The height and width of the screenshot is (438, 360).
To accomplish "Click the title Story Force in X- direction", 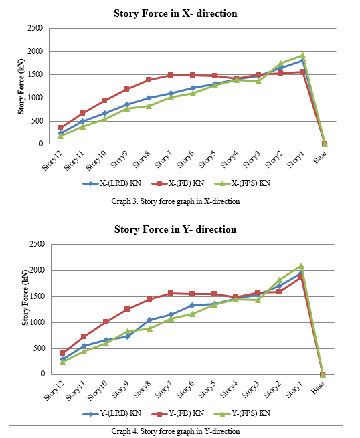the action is point(175,13).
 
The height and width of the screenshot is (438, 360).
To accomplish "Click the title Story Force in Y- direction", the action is point(175,229).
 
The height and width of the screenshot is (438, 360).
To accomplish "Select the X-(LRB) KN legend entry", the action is point(112,183).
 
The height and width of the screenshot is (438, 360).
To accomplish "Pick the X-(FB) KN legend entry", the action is point(178,183).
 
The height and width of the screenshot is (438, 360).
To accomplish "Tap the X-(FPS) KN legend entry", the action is point(242,183).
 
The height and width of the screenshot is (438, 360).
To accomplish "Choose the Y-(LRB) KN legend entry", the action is point(112,413).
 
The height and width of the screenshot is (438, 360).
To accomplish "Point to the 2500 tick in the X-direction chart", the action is point(35,28).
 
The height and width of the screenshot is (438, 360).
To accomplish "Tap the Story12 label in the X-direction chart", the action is point(52,160).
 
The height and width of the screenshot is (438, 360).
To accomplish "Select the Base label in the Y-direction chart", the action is point(319,387).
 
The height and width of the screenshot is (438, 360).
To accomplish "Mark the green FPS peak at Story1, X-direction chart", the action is point(302,56).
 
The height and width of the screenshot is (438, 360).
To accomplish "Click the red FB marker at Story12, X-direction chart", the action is point(60,128).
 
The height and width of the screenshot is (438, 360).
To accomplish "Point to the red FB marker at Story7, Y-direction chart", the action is point(171,293).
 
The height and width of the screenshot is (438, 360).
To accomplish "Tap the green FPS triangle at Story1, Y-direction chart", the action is point(301,266).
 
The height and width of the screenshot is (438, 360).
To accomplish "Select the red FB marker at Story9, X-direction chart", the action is point(126,89).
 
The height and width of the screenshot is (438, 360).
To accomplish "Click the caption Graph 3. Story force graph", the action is point(175,201).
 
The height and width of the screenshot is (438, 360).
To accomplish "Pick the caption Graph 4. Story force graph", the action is point(175,431).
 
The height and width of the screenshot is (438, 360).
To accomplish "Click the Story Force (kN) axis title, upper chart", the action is point(21,86).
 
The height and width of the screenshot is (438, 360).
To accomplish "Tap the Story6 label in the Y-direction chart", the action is point(185,389).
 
